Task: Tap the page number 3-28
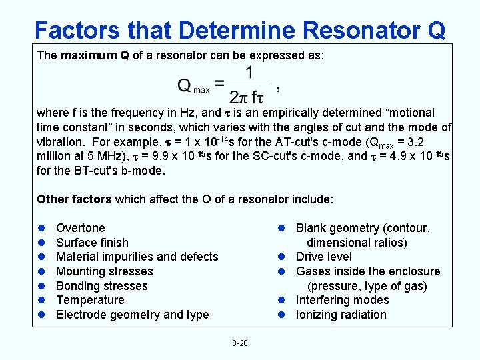(x=240, y=343)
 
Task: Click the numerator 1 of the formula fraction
(x=249, y=72)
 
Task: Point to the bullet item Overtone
(x=81, y=228)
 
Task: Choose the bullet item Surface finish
(x=92, y=243)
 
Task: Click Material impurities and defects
(x=137, y=257)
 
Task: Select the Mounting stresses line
(x=104, y=271)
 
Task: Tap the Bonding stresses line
(x=101, y=286)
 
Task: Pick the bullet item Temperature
(x=90, y=300)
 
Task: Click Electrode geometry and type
(x=132, y=315)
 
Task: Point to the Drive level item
(x=324, y=257)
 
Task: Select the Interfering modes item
(x=342, y=300)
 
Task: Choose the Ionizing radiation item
(x=341, y=315)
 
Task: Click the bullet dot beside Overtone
(x=41, y=228)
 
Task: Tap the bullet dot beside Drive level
(x=282, y=257)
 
